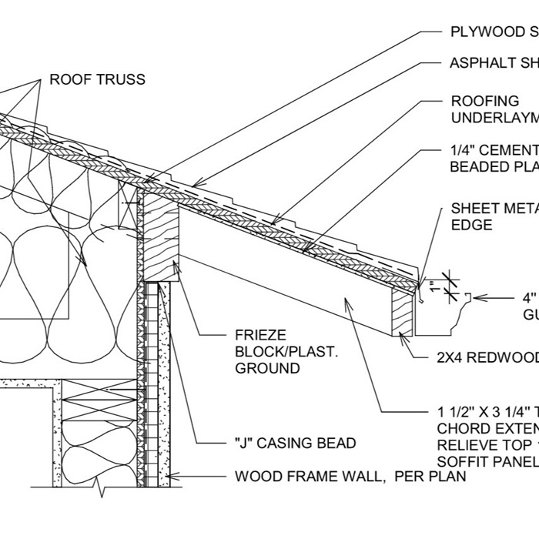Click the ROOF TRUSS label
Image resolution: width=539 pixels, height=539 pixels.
pyautogui.click(x=97, y=79)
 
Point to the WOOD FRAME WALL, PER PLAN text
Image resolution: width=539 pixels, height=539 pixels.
pyautogui.click(x=350, y=477)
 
